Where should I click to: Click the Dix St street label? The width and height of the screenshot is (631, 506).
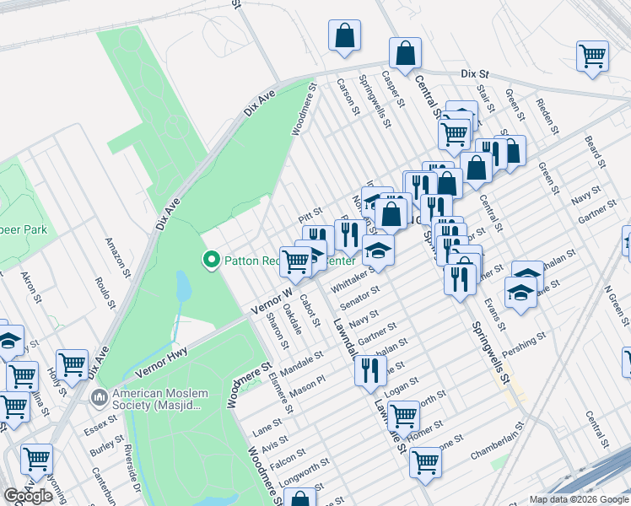click(476, 74)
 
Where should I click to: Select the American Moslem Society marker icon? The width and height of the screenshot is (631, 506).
click(100, 396)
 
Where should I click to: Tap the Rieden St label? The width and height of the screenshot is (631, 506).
click(548, 117)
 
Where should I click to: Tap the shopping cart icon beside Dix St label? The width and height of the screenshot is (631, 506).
click(593, 57)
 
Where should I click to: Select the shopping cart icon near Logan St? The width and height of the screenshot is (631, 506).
click(403, 415)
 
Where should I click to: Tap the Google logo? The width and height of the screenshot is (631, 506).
click(29, 496)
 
